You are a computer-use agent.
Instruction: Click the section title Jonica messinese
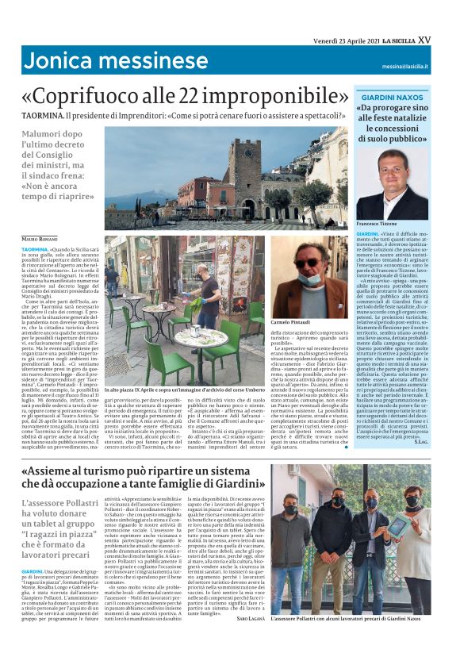tap(94, 60)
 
